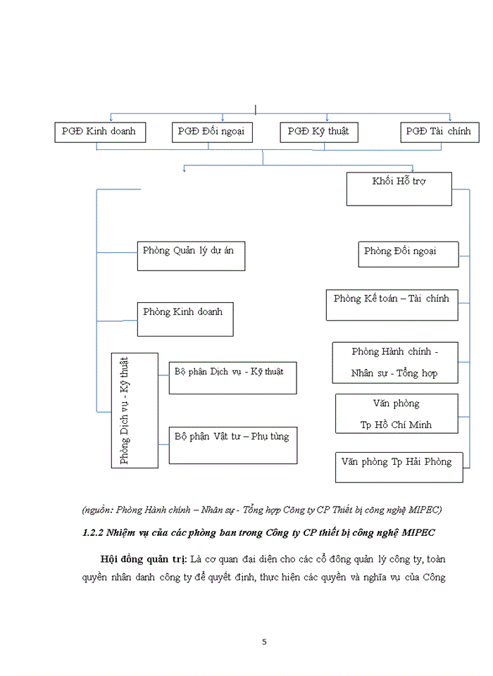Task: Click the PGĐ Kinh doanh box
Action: tap(100, 132)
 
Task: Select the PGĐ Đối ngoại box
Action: tap(212, 132)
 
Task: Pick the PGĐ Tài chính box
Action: tap(440, 132)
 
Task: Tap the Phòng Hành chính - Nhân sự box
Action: tap(395, 362)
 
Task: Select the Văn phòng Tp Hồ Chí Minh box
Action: tap(397, 413)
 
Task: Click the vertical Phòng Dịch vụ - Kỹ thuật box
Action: tap(125, 409)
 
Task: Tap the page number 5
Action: tap(264, 641)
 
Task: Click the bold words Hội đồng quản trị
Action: tap(143, 559)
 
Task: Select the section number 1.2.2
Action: tap(94, 532)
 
